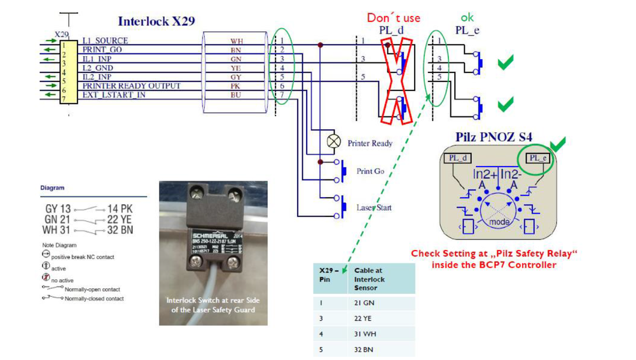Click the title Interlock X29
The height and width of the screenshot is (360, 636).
[156, 21]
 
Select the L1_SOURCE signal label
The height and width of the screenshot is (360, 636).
[105, 41]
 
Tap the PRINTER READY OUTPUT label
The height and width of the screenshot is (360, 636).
[131, 86]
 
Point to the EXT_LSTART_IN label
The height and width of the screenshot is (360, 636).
[114, 95]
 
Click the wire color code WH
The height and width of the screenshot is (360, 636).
[237, 41]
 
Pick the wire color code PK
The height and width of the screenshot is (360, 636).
[237, 86]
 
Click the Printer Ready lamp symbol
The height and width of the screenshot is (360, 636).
[333, 141]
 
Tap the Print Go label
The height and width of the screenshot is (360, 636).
[370, 171]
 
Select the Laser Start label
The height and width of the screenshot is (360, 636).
[374, 207]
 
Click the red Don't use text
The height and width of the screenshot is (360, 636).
[394, 18]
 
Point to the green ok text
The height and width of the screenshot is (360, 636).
[467, 17]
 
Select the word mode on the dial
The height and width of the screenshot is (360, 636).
[499, 222]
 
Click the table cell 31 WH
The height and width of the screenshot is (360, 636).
[364, 334]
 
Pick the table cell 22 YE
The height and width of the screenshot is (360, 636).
[364, 319]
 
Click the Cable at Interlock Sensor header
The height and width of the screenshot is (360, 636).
[370, 279]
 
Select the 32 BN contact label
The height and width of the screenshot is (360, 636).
[120, 230]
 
